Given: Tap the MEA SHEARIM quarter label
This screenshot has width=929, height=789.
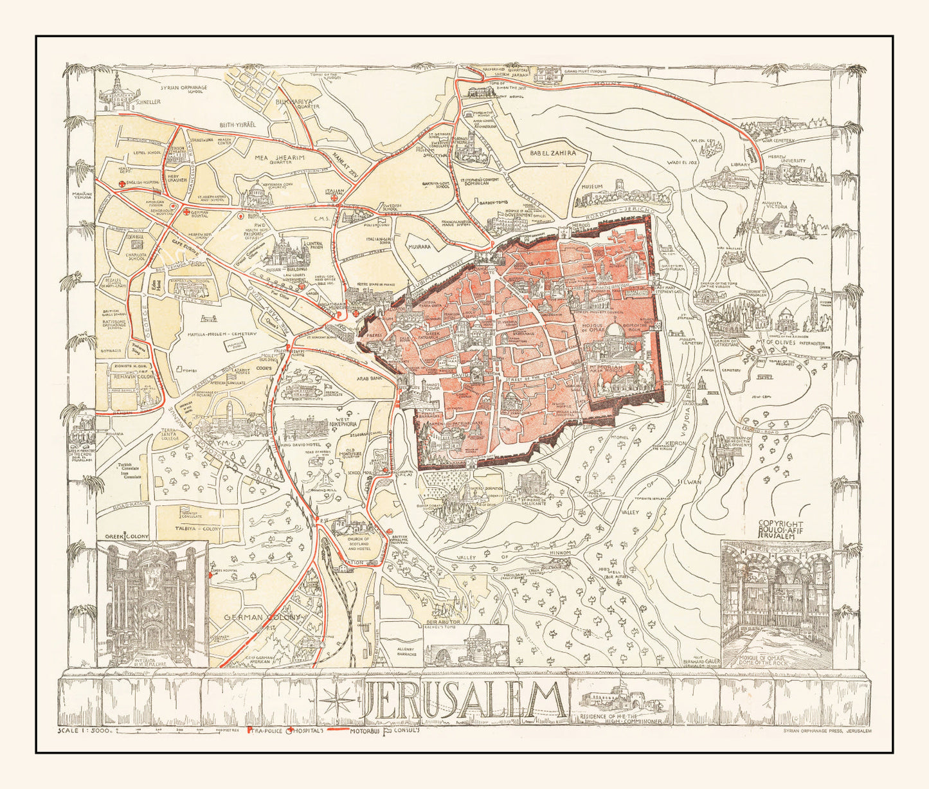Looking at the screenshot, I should (x=280, y=157).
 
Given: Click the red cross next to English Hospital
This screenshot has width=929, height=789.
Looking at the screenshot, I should (x=122, y=183).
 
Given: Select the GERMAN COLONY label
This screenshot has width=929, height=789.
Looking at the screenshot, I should (x=262, y=617).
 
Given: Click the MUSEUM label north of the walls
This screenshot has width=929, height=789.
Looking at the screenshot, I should (x=592, y=186).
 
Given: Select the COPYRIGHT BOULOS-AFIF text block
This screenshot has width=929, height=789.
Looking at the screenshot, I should (x=781, y=529).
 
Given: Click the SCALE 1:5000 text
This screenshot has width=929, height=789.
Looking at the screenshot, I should (x=85, y=730).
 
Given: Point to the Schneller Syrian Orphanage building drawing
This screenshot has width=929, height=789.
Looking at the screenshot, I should (x=117, y=91).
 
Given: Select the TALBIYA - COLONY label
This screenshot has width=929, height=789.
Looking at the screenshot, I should (x=199, y=528).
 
